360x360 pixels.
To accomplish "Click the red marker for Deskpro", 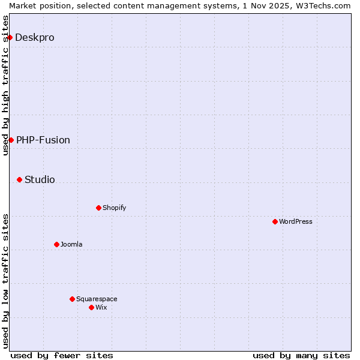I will tap(10, 37).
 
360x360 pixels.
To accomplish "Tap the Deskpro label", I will tap(35, 37).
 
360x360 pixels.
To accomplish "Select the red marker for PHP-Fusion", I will tap(11, 140).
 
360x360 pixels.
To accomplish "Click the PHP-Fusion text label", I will tap(43, 140).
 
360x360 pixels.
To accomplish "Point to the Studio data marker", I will tap(19, 179).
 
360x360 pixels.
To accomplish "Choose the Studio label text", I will tap(40, 179).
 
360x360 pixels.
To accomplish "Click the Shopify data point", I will tap(98, 208).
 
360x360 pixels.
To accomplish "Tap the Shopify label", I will tap(114, 208).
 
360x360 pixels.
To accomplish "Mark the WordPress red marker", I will tap(275, 221).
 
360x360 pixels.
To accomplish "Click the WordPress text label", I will tap(296, 221).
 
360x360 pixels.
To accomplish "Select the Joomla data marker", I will tap(56, 244).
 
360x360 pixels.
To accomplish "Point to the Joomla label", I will tap(71, 244).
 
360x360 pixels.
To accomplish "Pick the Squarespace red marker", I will tap(72, 299).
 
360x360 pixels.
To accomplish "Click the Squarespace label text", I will tap(97, 299).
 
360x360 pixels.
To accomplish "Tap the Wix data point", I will tap(91, 307).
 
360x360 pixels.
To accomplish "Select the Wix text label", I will tap(101, 307).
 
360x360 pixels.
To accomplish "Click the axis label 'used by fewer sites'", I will tap(62, 355).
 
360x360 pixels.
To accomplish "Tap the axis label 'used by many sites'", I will tap(301, 355).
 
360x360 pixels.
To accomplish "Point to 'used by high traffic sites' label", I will tap(5, 85).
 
